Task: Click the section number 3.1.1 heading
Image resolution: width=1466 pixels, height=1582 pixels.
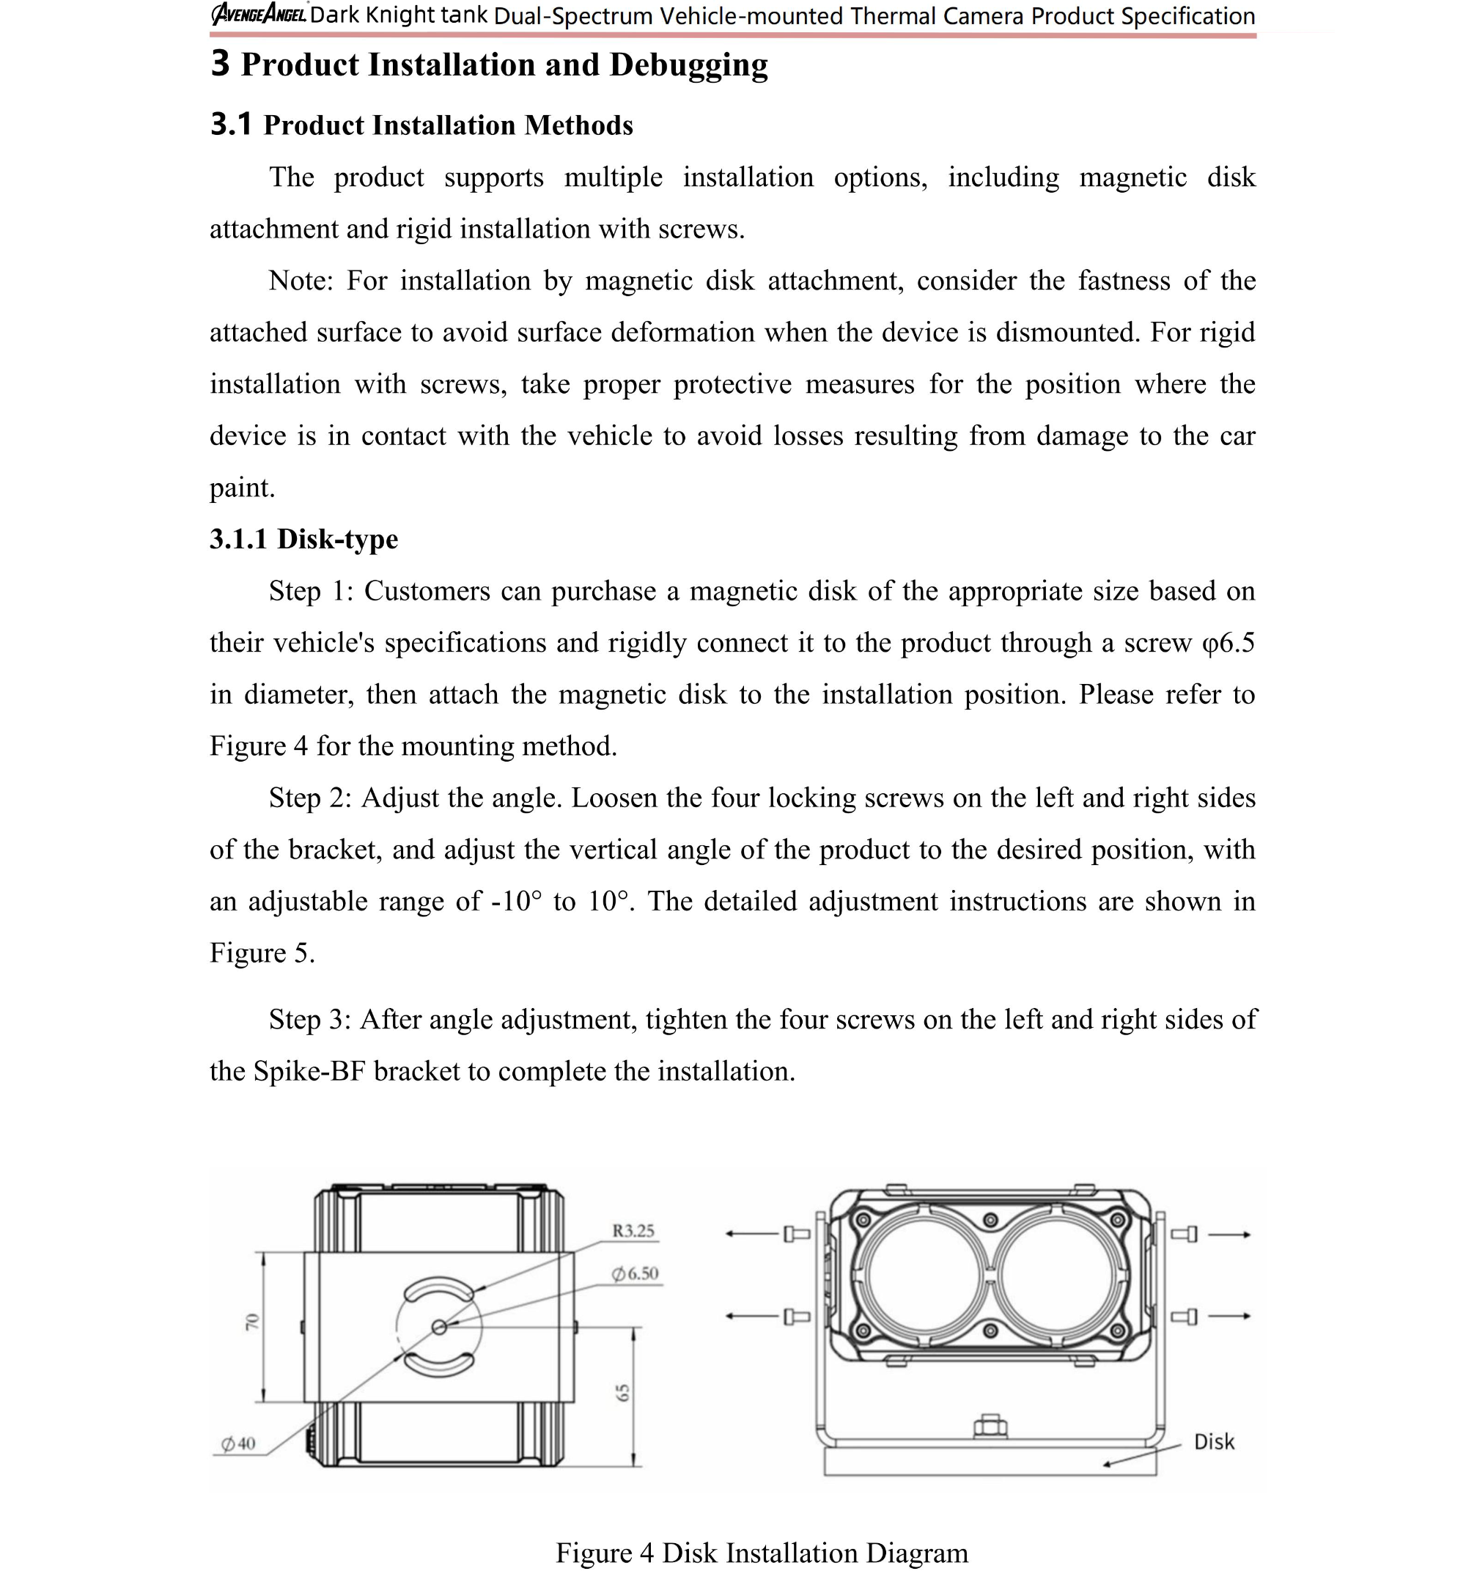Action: pos(238,540)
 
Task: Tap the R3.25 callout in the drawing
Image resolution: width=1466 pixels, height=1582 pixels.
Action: pos(633,1231)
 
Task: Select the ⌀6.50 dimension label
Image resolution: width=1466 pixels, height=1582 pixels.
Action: pos(636,1273)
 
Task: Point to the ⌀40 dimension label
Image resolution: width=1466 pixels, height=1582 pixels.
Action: pos(237,1443)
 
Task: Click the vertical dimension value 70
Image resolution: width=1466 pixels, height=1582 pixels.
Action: pos(251,1322)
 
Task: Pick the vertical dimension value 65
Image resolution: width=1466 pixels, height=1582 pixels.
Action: pos(623,1391)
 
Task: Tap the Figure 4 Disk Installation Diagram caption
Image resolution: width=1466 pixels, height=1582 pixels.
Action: pos(762,1553)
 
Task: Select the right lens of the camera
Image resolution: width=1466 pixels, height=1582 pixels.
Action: pos(1058,1276)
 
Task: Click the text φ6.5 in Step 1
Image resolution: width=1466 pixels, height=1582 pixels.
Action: pos(1228,643)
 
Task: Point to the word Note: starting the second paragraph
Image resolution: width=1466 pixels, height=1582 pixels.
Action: pos(301,281)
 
